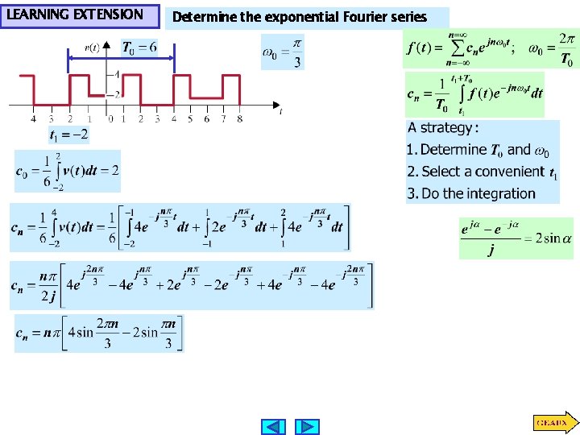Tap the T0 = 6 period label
tap(139, 48)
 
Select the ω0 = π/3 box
tap(283, 52)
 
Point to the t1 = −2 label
tap(68, 135)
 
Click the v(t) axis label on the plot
tap(92, 48)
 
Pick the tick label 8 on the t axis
tap(239, 119)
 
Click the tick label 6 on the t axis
tap(206, 119)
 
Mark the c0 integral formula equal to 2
tap(68, 171)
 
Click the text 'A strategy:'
tap(442, 128)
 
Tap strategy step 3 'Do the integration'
tap(471, 193)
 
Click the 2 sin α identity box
tap(516, 238)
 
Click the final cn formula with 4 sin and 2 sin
tap(99, 333)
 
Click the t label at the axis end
tap(280, 112)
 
